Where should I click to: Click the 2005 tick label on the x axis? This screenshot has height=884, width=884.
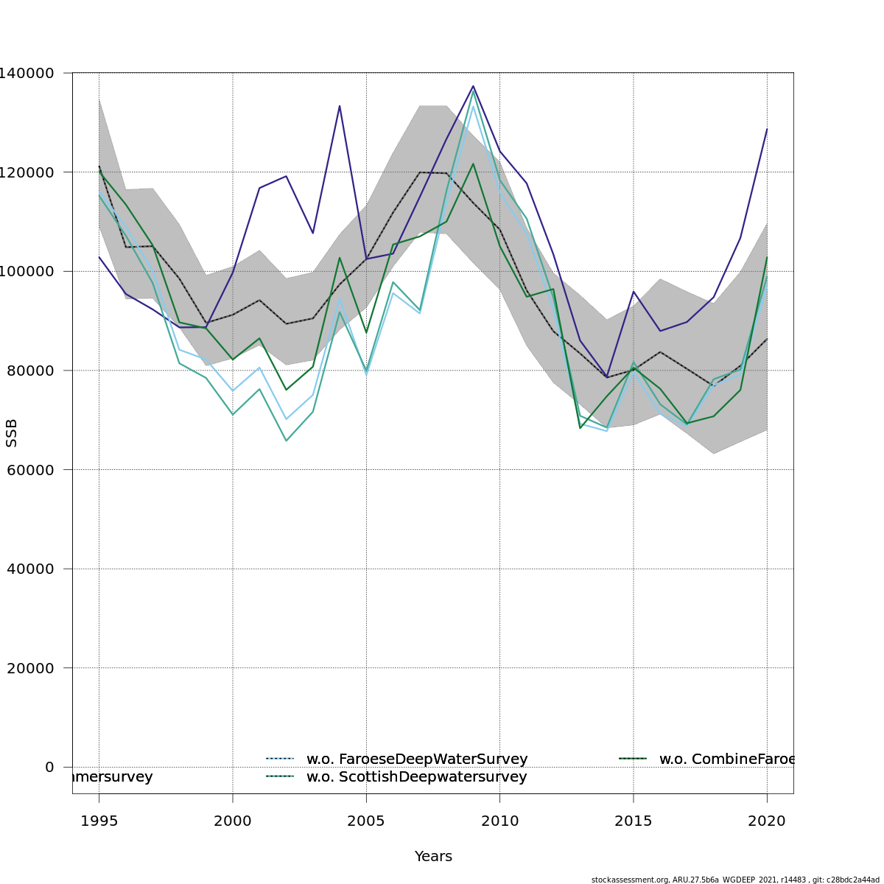tap(366, 821)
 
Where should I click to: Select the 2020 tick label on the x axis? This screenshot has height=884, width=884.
tap(767, 821)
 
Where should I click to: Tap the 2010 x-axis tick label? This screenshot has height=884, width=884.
tap(499, 821)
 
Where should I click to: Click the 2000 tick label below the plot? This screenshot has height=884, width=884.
tap(233, 821)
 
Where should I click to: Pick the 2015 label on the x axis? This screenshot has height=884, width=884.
tap(633, 821)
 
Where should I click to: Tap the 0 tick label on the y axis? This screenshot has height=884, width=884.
tap(49, 767)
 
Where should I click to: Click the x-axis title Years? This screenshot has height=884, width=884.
tap(433, 857)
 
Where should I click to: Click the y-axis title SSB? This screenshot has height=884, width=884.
tap(12, 433)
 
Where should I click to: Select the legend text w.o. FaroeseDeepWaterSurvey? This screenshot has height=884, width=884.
tap(417, 759)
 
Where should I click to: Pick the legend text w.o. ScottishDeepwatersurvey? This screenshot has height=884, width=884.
tap(416, 776)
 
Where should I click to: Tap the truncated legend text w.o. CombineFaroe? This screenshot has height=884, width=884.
tap(726, 759)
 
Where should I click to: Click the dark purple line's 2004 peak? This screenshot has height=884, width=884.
tap(340, 106)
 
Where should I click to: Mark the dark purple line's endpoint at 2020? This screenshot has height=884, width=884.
tap(767, 130)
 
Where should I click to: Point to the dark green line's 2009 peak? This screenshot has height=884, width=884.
tap(473, 164)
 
